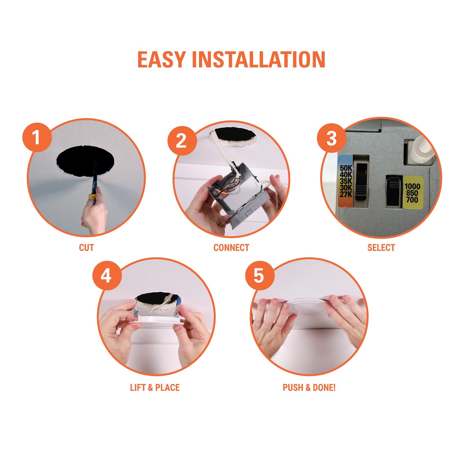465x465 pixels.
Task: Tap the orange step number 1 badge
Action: click(37, 137)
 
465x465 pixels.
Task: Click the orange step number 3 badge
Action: click(331, 138)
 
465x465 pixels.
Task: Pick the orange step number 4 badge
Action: click(107, 275)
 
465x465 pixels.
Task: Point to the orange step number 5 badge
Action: click(260, 275)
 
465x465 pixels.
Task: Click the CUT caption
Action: click(86, 248)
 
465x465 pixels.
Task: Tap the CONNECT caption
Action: click(231, 248)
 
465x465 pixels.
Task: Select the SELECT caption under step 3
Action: click(381, 248)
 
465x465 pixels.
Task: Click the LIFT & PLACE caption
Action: click(155, 388)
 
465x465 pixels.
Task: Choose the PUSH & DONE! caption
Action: click(309, 388)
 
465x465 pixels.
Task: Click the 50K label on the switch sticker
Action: click(346, 168)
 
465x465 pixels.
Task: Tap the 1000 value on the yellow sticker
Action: click(413, 186)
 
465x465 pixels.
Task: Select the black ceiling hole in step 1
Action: click(85, 160)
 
